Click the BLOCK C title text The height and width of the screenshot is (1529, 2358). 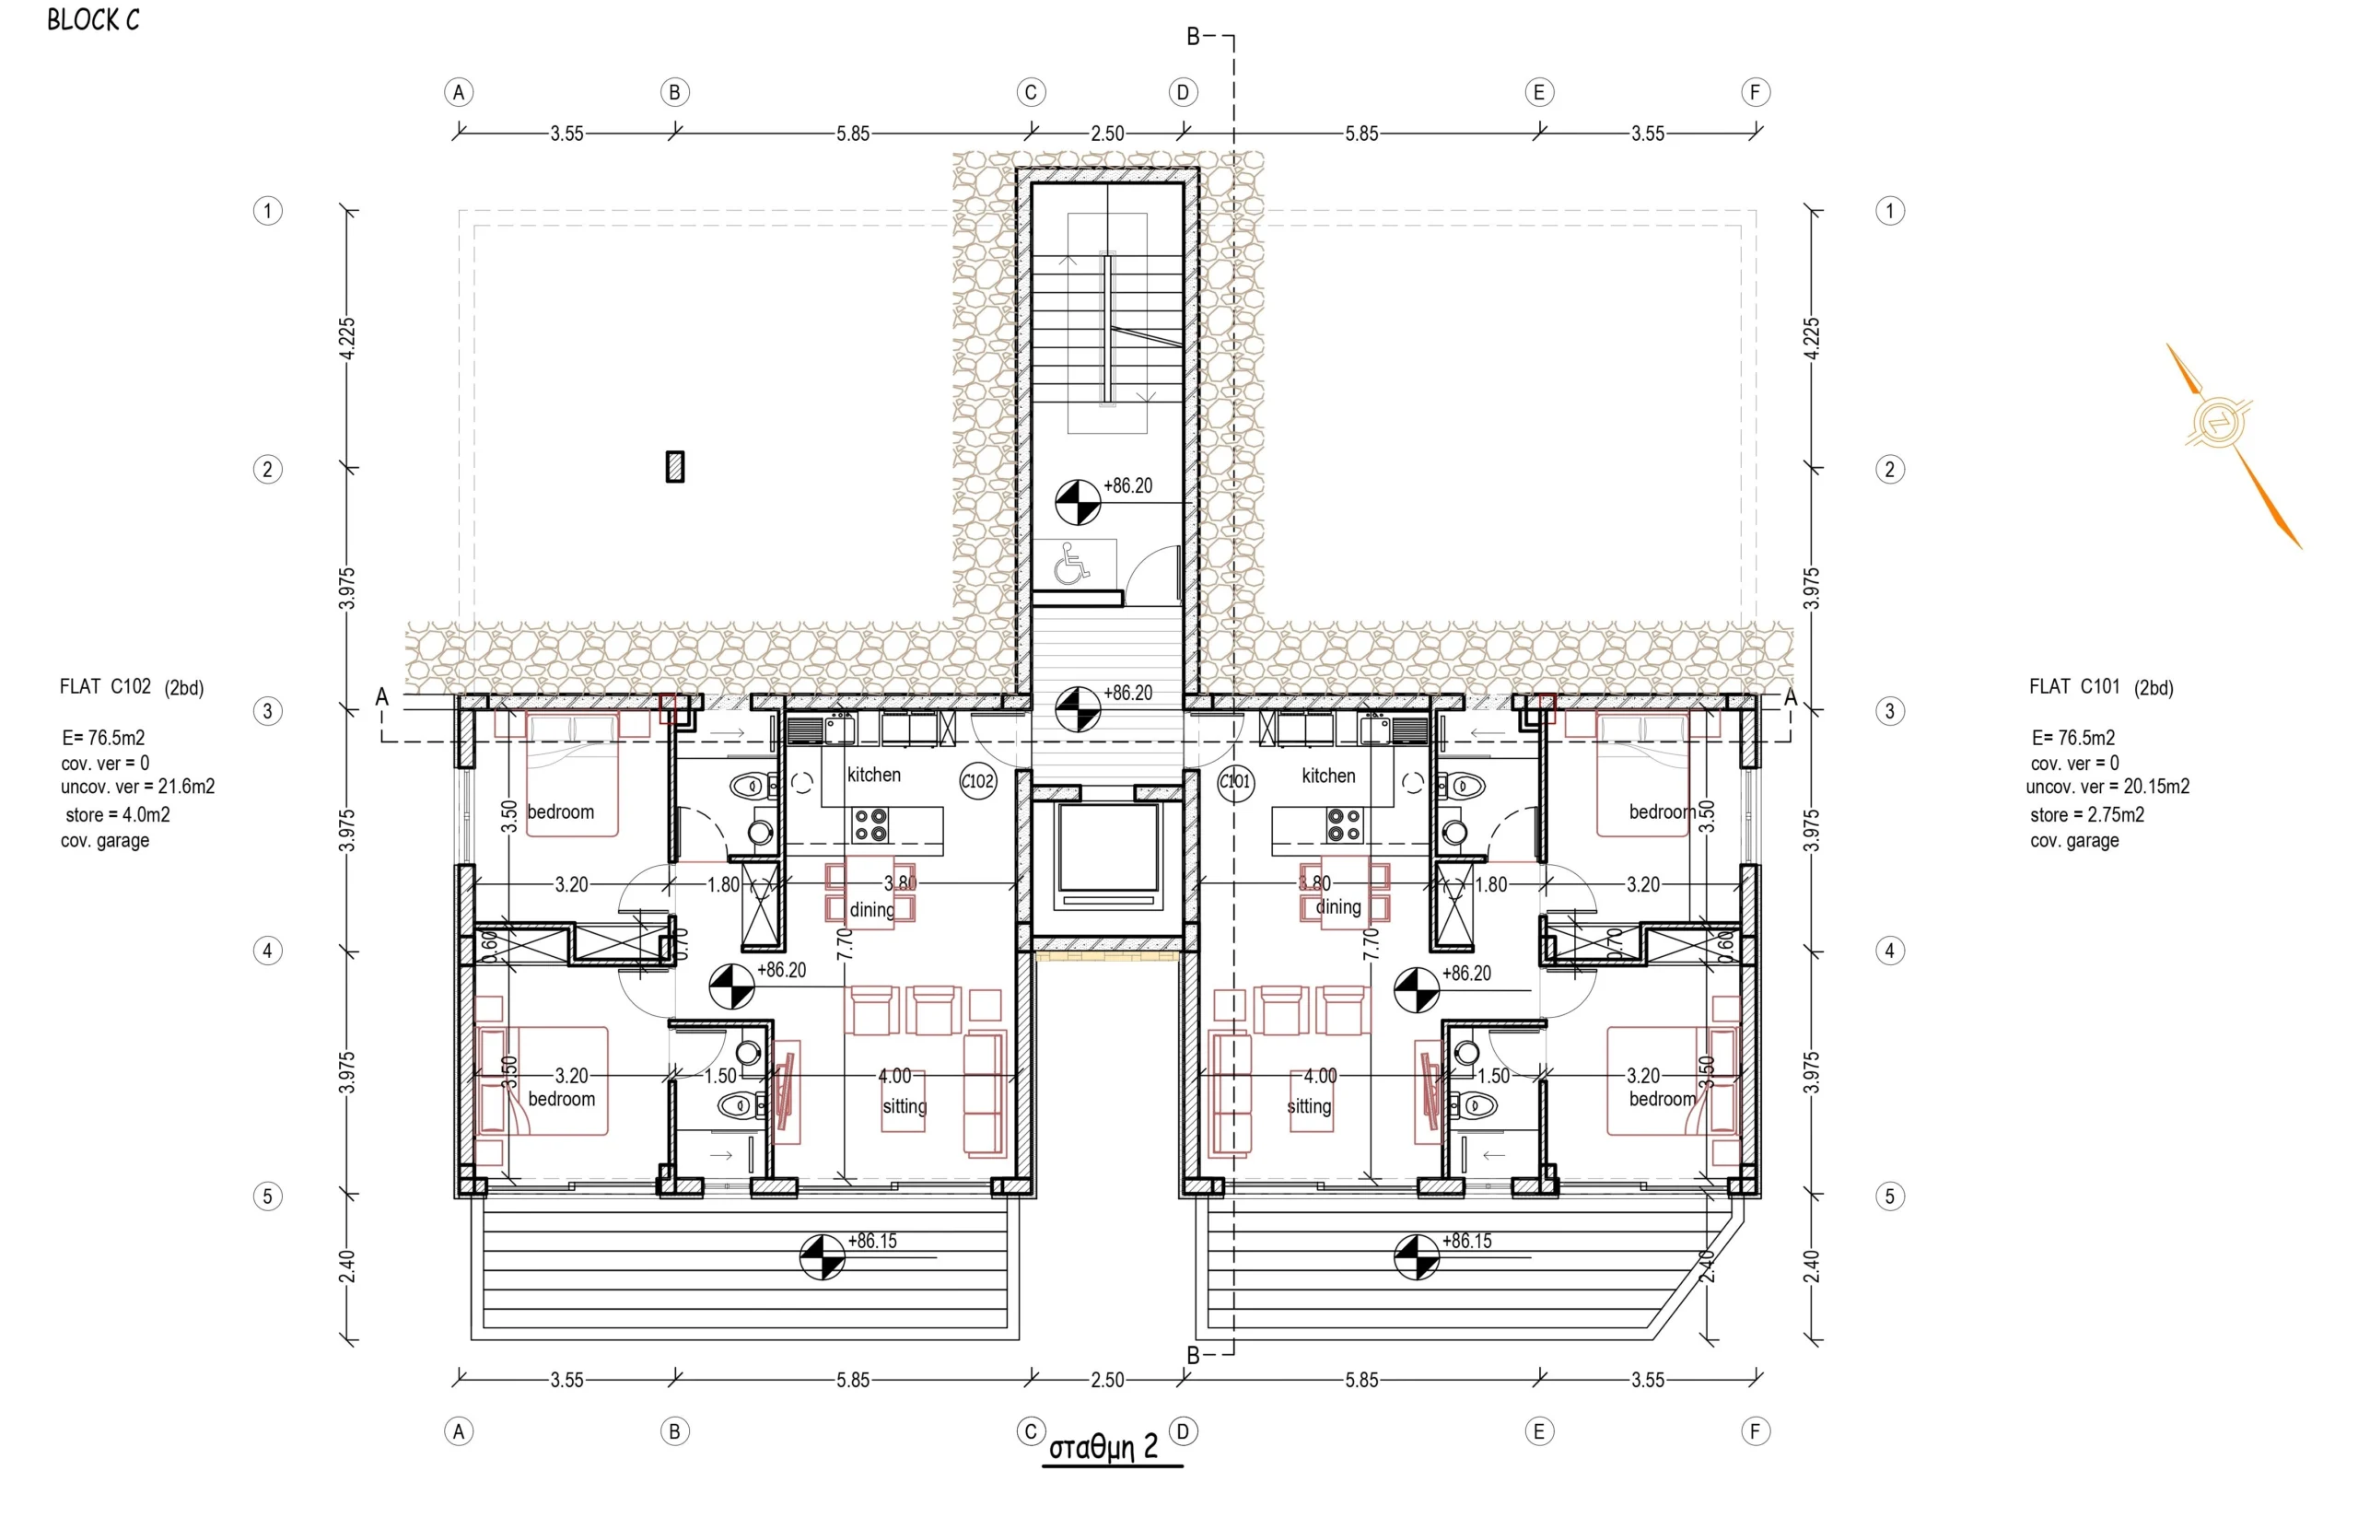93,20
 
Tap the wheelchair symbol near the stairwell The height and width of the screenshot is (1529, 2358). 1069,563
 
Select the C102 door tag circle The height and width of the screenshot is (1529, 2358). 977,781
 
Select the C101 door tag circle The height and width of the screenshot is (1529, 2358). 1234,781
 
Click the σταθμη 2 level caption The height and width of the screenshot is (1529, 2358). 1103,1448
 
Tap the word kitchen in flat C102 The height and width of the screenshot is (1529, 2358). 874,775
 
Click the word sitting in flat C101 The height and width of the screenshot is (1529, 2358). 1308,1107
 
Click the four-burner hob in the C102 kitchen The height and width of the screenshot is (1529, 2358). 870,824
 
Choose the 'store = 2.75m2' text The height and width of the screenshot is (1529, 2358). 2086,814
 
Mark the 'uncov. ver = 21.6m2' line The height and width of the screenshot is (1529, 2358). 138,787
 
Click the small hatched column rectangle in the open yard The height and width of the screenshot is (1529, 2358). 675,467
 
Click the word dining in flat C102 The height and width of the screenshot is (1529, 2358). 872,910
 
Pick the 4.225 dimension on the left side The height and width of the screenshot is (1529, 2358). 345,339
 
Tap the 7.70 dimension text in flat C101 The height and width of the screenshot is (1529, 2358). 1372,944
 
